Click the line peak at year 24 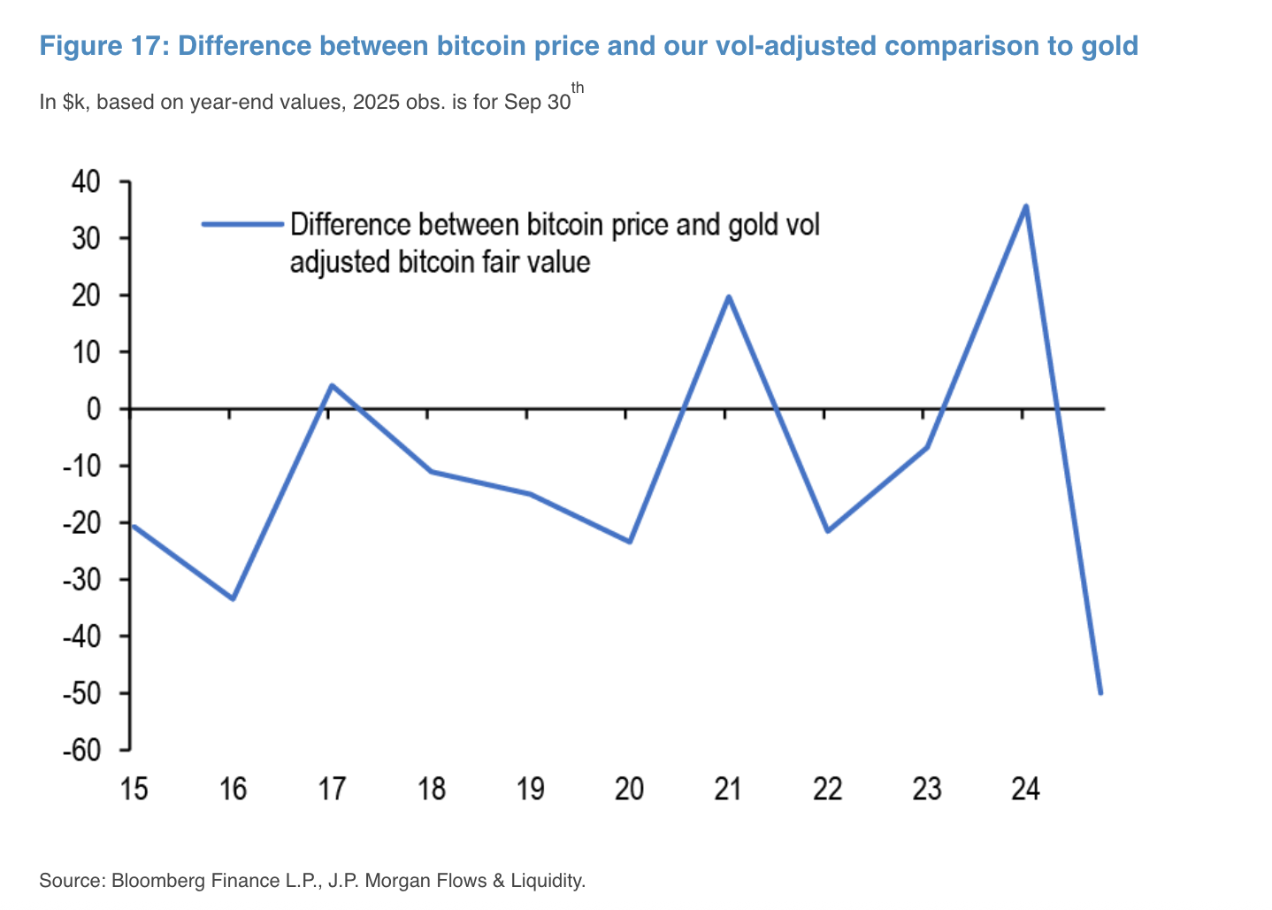point(1025,206)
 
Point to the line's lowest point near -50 point(1100,692)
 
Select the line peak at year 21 point(728,297)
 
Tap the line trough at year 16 point(233,598)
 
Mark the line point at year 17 point(331,386)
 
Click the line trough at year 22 point(827,531)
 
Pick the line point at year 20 point(629,542)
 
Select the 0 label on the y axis point(94,409)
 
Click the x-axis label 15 point(134,788)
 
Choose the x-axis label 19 point(530,788)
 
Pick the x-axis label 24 point(1025,788)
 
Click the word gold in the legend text point(754,225)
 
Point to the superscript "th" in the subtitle point(578,88)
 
